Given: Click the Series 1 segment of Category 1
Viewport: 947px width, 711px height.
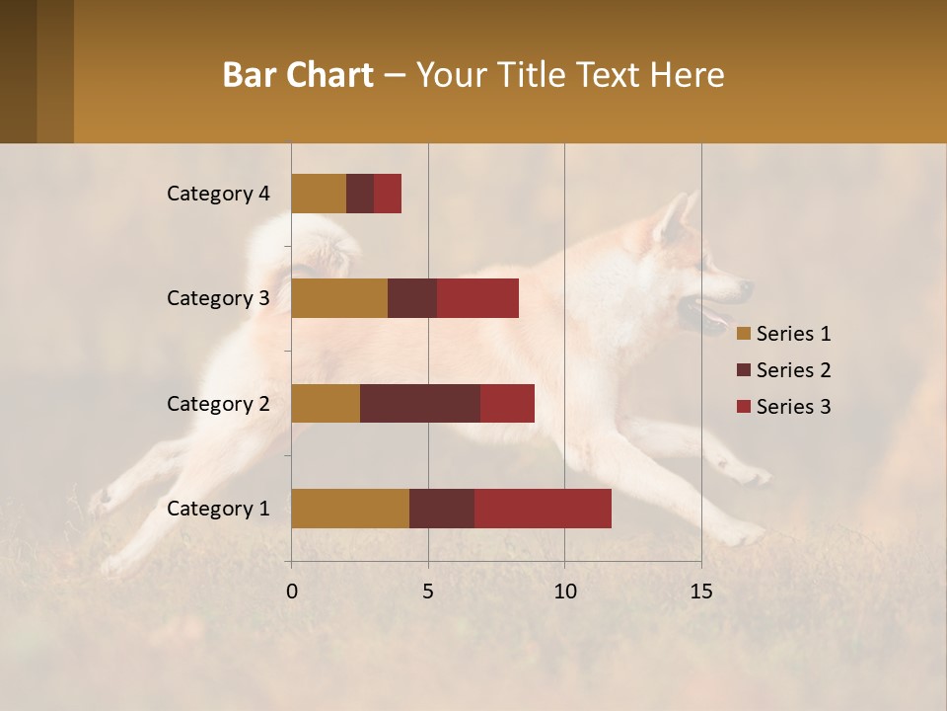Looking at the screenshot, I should [350, 509].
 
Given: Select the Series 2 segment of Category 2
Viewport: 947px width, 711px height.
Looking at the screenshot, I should [420, 403].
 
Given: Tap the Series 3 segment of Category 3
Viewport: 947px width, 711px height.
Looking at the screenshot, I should [477, 298].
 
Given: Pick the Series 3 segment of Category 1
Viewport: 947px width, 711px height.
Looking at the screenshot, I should [543, 509].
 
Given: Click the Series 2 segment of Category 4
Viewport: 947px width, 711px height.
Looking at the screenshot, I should [360, 194].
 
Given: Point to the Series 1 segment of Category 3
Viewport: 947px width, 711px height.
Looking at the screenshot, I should [339, 298].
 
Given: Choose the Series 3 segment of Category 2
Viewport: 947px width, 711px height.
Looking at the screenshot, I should [507, 403].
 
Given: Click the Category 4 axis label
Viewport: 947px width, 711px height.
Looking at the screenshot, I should [218, 194].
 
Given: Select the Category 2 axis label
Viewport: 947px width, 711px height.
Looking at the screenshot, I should [218, 403].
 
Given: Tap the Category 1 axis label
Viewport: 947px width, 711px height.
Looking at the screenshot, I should [218, 509].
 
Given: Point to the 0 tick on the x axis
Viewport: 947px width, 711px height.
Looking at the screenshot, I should [292, 592].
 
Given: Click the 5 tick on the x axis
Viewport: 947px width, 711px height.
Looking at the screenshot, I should [428, 592].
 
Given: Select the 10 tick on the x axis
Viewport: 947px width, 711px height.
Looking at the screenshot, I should [564, 592].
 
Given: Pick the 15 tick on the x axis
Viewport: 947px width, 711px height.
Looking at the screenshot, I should [700, 592].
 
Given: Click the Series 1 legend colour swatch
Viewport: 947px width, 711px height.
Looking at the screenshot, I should [743, 334].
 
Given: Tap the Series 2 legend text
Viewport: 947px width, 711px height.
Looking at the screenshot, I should [793, 370].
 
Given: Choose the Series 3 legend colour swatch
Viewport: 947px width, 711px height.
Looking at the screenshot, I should [743, 407].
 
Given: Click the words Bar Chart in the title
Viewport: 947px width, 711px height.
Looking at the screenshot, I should [298, 75].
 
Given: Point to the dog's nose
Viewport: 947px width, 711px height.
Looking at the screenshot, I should [747, 288].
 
